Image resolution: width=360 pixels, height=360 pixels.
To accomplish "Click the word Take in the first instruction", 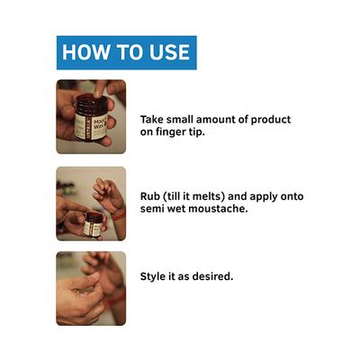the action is (152, 120).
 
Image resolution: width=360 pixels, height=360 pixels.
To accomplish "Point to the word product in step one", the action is (271, 120).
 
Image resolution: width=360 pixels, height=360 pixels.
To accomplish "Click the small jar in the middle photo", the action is (94, 224).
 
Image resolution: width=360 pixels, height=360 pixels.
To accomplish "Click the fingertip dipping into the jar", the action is (99, 94).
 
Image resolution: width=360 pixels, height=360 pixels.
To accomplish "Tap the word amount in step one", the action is (216, 120).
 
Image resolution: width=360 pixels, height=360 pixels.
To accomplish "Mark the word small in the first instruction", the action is (180, 120).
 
